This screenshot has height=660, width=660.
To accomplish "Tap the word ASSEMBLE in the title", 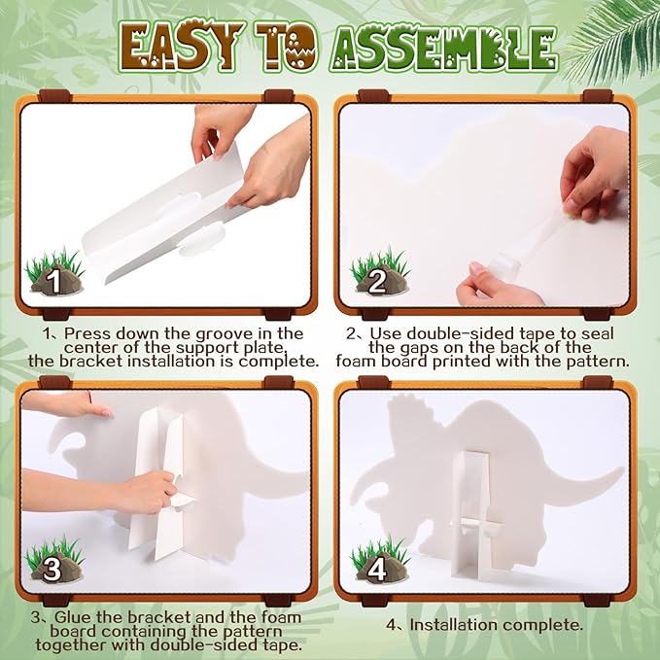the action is pos(443,48).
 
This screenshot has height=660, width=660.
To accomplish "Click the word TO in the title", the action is pos(287,47).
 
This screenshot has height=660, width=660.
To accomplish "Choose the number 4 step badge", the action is pos(377,570).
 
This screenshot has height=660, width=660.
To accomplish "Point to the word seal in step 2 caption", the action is pos(597,333).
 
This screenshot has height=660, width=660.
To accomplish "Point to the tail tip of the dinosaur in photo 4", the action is pos(622,469).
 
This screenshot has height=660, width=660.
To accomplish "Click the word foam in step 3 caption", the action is pos(282,617).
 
